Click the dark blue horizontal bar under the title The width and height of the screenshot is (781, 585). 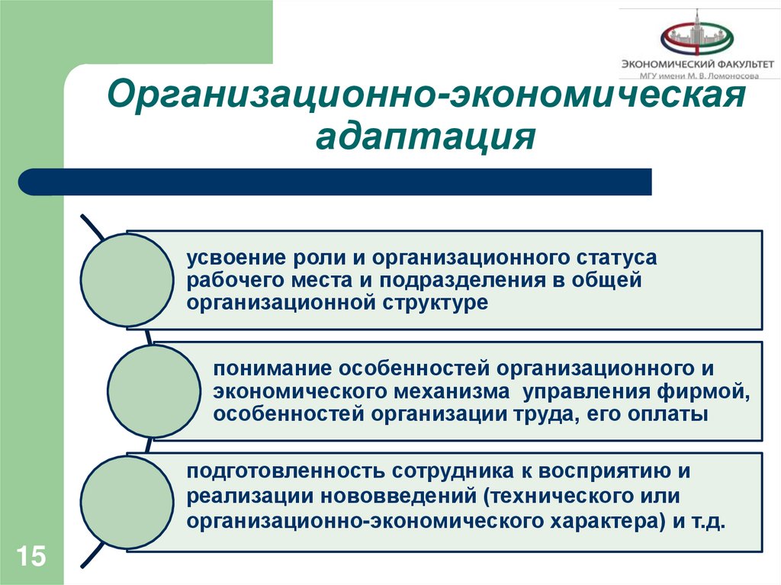[336, 182]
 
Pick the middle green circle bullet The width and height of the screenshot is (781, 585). [153, 391]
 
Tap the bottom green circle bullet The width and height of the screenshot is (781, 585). [127, 503]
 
